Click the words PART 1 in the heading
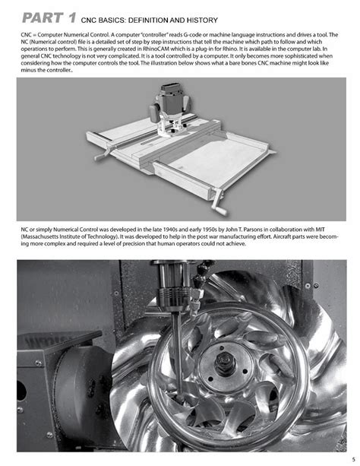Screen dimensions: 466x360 (x=48, y=17)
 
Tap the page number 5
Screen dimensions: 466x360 (x=343, y=457)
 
